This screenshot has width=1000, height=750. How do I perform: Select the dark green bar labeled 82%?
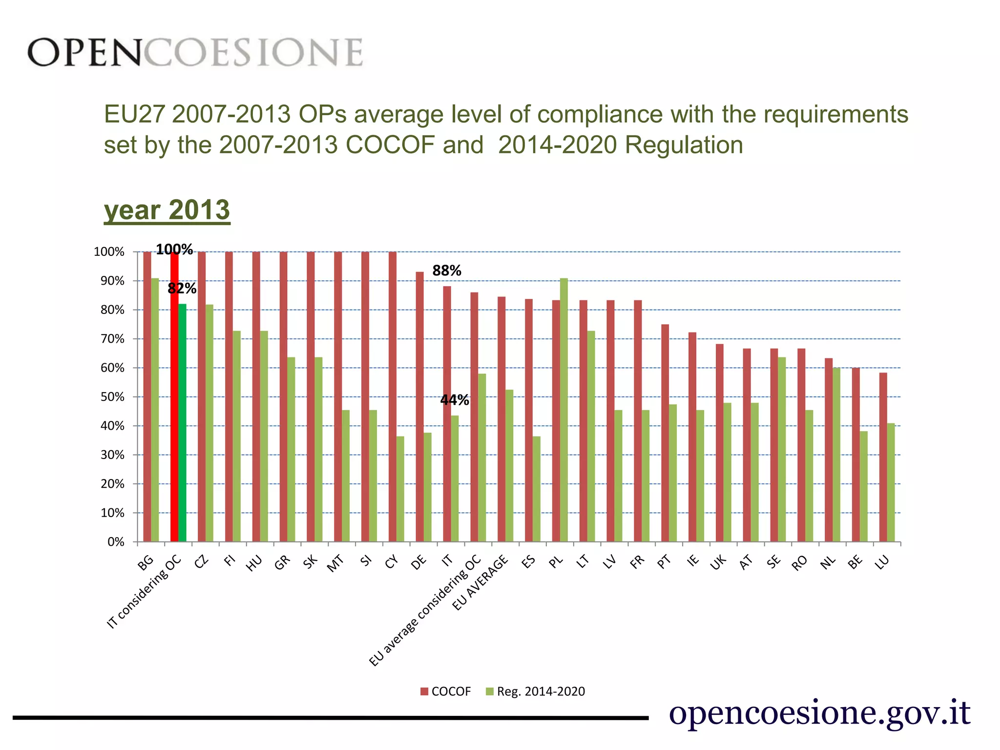(x=182, y=423)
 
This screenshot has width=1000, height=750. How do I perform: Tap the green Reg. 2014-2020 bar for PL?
(x=564, y=410)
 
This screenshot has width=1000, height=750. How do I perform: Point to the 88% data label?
(x=447, y=271)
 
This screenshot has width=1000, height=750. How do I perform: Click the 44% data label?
(x=455, y=400)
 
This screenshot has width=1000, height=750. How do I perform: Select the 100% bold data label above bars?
(x=174, y=250)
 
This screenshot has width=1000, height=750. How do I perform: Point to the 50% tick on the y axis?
(x=112, y=397)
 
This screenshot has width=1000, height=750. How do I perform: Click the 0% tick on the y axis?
(x=116, y=542)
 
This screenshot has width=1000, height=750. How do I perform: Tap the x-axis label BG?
(x=146, y=563)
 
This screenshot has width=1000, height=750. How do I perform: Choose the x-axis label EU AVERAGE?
(x=480, y=583)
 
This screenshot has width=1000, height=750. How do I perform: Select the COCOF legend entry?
(x=446, y=691)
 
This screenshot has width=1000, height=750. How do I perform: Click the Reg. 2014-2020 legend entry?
(x=536, y=691)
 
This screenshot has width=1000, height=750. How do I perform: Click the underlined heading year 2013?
(x=167, y=210)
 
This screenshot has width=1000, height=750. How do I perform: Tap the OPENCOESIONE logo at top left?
(x=195, y=52)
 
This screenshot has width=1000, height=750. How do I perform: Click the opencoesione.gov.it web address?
(x=819, y=712)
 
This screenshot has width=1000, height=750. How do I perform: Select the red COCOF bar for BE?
(x=855, y=455)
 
